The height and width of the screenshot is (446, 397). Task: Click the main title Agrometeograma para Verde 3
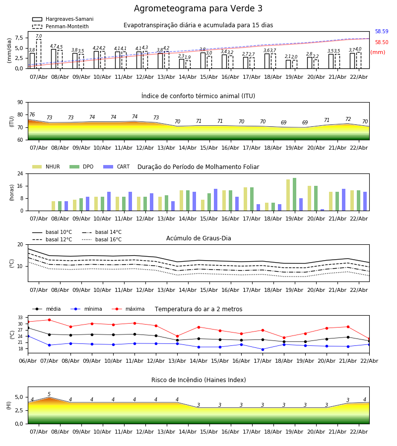click(198, 9)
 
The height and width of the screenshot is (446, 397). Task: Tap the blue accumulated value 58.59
click(382, 32)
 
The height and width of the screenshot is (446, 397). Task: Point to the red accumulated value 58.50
click(382, 43)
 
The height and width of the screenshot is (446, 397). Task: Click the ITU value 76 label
click(32, 115)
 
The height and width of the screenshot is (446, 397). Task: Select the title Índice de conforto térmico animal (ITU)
click(198, 96)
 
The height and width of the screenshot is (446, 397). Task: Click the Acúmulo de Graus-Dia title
click(198, 238)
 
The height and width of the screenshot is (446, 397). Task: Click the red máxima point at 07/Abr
click(49, 320)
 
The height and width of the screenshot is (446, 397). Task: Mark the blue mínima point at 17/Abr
click(263, 349)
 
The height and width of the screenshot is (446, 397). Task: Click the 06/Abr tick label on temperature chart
click(28, 360)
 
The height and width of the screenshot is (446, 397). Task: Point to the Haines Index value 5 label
click(49, 394)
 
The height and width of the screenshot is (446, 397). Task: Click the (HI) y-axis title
click(8, 405)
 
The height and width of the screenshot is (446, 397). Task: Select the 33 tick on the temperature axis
click(20, 318)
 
